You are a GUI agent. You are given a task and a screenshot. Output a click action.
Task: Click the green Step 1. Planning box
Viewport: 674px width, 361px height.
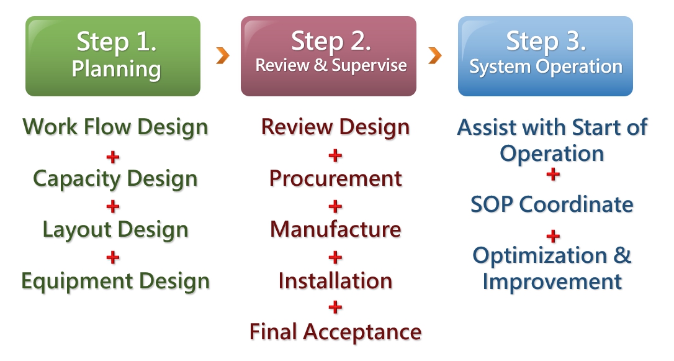(113, 56)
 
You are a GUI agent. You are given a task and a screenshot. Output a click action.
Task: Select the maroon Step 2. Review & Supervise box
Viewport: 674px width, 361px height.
(328, 56)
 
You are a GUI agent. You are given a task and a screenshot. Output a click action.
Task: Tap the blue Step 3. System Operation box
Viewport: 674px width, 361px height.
(546, 56)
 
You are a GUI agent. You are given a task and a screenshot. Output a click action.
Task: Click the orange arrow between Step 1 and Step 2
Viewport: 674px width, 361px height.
(223, 55)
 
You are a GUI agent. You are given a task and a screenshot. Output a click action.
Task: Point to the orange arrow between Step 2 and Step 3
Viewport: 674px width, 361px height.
(435, 55)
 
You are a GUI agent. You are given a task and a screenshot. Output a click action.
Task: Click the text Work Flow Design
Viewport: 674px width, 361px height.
(115, 127)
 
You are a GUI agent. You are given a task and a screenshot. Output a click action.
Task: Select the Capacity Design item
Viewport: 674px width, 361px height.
(115, 179)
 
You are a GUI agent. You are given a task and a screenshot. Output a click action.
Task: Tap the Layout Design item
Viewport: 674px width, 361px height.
(115, 230)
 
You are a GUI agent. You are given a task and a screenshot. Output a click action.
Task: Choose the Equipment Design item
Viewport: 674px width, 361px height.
(115, 281)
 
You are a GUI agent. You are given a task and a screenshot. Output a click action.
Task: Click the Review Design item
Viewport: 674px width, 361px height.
(335, 127)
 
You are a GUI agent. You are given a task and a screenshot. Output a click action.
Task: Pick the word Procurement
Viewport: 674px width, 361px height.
(335, 178)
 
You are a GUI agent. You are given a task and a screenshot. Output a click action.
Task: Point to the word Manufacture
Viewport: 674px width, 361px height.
(335, 229)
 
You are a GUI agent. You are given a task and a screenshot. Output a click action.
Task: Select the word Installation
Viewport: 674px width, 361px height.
(335, 281)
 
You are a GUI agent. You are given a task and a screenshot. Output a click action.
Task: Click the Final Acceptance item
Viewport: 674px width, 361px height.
(335, 332)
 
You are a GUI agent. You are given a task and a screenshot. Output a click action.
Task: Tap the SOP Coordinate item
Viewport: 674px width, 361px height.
(552, 204)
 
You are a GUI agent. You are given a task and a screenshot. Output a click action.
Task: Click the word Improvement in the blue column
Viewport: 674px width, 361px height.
(552, 282)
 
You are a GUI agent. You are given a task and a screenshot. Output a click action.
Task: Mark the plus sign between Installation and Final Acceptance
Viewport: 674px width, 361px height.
(335, 307)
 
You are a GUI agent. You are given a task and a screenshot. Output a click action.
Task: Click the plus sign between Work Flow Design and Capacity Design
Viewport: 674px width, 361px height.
(112, 157)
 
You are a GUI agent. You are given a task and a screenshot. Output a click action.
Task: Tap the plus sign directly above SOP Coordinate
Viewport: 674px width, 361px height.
(553, 174)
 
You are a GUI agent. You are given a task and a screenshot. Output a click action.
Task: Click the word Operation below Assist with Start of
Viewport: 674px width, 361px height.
(552, 154)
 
